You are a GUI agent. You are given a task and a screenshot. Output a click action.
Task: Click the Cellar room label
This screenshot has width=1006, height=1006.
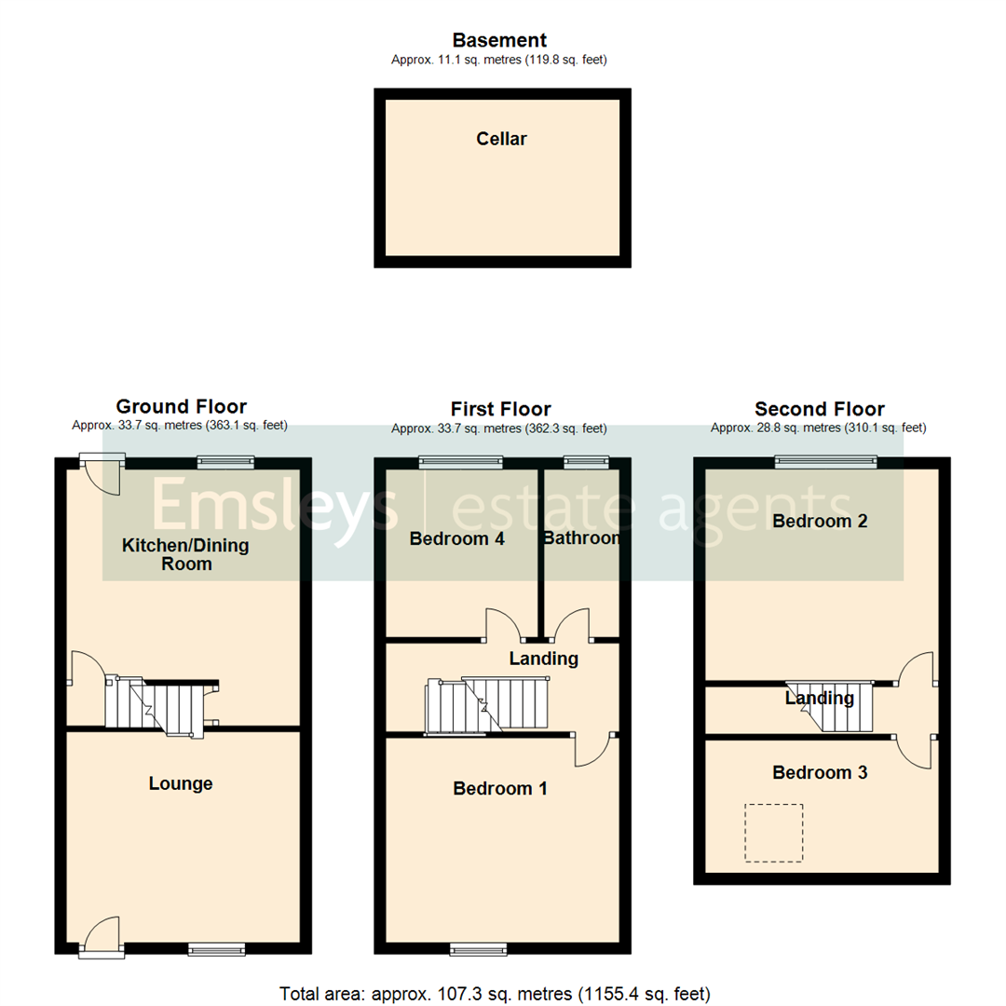[501, 139]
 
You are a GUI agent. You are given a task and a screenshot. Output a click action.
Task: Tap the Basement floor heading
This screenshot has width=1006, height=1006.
[499, 40]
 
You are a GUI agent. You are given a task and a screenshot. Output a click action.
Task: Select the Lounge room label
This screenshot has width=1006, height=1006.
[181, 783]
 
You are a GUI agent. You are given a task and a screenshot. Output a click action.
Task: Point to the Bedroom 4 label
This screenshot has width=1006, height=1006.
[456, 537]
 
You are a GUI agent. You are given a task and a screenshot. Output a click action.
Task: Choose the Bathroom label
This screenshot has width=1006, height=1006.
[581, 537]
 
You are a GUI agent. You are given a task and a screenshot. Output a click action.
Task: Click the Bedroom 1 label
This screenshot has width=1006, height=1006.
[499, 789]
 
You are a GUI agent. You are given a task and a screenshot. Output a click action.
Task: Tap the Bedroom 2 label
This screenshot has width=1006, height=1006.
[820, 521]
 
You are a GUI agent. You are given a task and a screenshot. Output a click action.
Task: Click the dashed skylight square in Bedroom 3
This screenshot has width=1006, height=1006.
[772, 832]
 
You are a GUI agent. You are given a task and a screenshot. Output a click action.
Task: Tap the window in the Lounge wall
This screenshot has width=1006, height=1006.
[216, 949]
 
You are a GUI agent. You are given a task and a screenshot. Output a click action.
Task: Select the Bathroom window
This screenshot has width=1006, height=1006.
[586, 460]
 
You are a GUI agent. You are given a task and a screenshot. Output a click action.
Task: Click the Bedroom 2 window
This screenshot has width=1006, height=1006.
[826, 460]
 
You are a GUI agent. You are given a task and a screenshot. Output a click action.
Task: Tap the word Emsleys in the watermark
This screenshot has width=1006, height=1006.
[275, 508]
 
